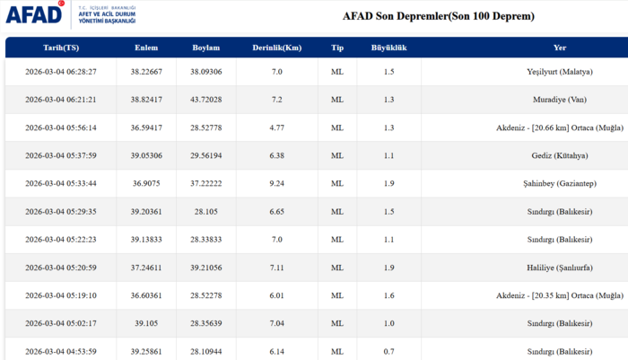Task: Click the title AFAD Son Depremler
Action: click(438, 16)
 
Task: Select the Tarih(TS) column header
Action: click(60, 48)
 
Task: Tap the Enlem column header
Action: click(146, 48)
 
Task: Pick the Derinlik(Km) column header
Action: click(277, 48)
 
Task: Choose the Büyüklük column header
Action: click(388, 48)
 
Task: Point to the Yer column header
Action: click(560, 48)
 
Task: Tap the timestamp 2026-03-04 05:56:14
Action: click(60, 127)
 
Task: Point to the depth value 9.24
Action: click(277, 183)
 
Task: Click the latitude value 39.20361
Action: click(146, 212)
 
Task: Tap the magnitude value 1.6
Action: click(388, 295)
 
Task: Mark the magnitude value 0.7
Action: click(388, 351)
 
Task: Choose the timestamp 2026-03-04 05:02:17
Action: click(60, 323)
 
